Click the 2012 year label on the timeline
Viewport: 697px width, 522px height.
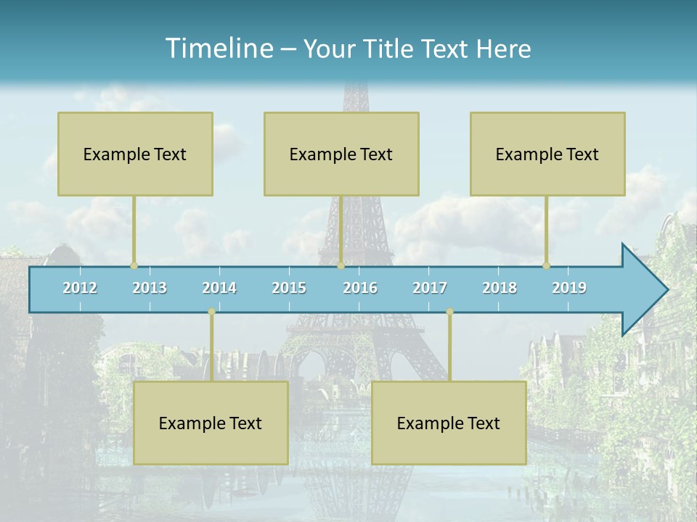[x=80, y=288]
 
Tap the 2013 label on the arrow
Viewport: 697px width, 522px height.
[x=150, y=288]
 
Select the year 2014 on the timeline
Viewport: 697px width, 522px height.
[x=219, y=288]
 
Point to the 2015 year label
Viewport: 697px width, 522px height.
[x=289, y=288]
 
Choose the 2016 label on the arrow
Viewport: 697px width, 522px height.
[x=360, y=288]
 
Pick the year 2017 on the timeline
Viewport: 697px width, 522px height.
[x=430, y=288]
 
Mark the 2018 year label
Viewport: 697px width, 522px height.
[x=500, y=288]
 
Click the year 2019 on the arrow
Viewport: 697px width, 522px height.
[x=569, y=288]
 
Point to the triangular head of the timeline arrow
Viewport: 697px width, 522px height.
[x=643, y=289]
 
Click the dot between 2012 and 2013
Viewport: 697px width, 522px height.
[x=134, y=265]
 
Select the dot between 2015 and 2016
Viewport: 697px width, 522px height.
[x=341, y=265]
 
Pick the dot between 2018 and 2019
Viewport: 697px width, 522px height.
[x=547, y=265]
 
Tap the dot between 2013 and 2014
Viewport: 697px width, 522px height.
[x=211, y=312]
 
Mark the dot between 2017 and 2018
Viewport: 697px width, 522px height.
[x=449, y=312]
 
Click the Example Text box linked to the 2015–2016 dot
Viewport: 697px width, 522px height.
[x=341, y=154]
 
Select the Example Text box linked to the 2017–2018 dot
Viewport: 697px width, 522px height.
[x=449, y=423]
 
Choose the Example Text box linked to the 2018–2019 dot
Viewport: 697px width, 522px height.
[x=547, y=154]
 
